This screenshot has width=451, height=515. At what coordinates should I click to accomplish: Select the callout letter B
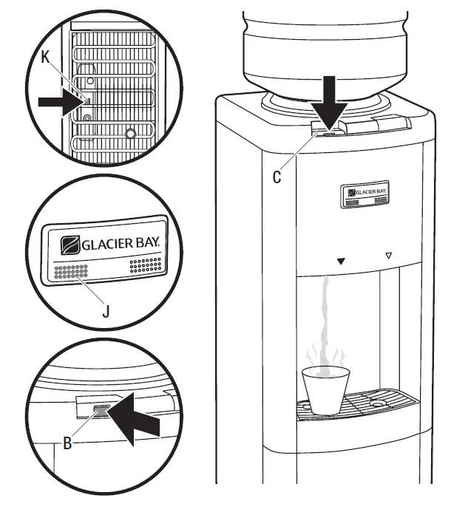point(67,443)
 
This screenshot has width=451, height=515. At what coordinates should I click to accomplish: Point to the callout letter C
point(276,177)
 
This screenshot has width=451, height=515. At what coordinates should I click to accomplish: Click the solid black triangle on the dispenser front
point(341,261)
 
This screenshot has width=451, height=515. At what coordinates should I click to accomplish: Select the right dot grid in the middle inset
point(143,265)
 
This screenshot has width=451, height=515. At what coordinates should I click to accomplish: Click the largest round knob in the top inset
point(131,134)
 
